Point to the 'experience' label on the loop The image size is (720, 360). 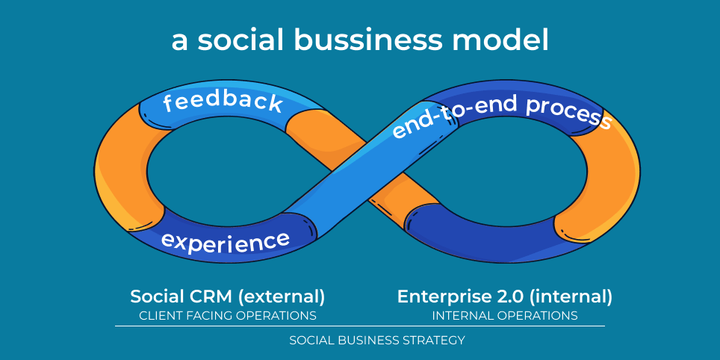tap(225, 241)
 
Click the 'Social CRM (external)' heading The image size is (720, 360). tap(228, 297)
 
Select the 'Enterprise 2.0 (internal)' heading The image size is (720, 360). tap(505, 297)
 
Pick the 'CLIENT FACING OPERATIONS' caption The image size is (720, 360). tap(228, 315)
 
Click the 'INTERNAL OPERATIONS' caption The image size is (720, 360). tap(505, 315)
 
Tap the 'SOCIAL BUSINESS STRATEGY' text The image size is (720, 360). tap(377, 340)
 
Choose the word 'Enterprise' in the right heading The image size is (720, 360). tap(441, 297)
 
